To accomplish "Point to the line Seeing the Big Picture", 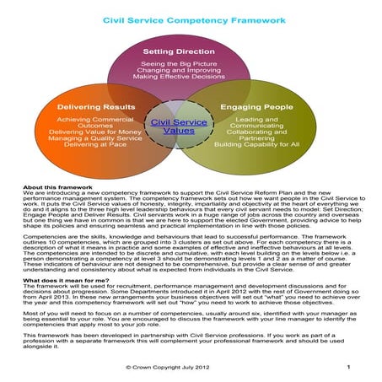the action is tap(189, 64).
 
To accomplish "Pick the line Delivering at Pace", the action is tap(95, 146).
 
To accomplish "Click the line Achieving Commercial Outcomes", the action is tap(95, 122).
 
